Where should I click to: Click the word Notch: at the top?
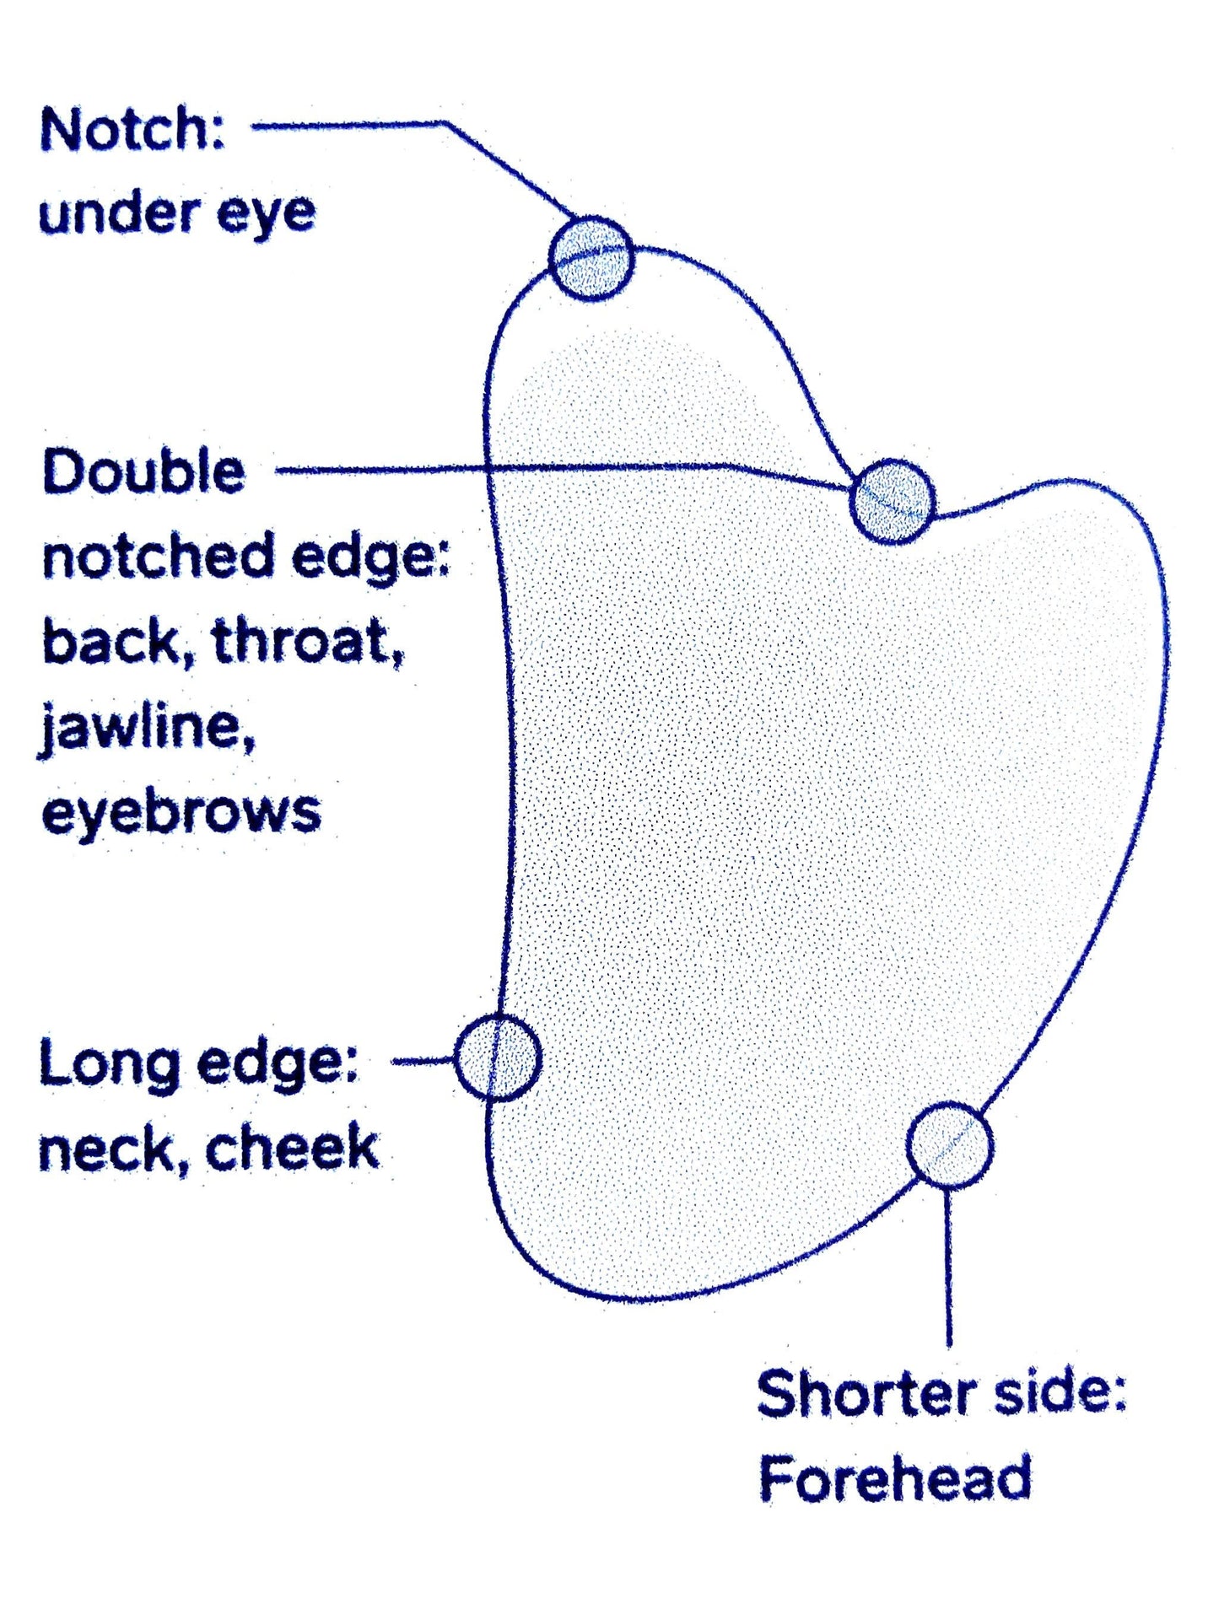point(133,131)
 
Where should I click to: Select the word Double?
point(143,471)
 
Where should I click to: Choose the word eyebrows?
point(181,812)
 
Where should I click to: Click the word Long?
point(110,1063)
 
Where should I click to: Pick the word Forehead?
point(895,1478)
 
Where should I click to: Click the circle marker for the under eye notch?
point(591,258)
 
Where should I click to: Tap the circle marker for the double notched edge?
point(893,501)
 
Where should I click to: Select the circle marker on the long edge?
point(498,1058)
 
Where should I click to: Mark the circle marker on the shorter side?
point(950,1144)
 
